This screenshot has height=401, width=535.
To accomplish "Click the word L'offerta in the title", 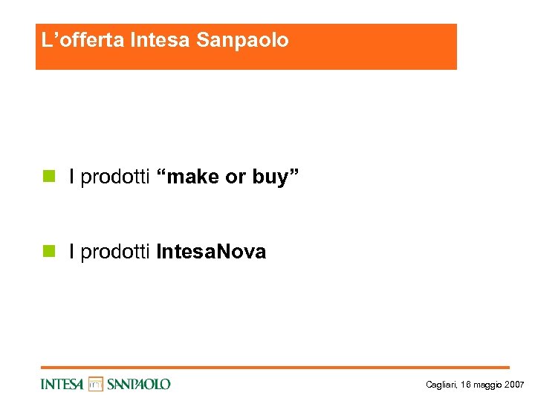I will pos(82,40).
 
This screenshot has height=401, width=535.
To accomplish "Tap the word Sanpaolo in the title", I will pos(242,40).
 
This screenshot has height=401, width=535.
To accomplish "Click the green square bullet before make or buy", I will pos(48,177).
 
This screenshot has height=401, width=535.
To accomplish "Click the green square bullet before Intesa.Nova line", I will pos(48,252).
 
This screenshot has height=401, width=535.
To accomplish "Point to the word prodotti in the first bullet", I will pos(115,177).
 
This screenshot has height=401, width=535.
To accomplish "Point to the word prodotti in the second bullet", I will pos(115,252).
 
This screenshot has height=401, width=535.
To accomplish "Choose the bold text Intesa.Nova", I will pos(211,252).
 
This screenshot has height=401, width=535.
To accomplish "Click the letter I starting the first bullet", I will pos(71,177).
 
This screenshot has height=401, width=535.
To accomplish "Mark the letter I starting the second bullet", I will pos(71,252).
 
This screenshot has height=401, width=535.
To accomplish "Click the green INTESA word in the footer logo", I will pos(62,384).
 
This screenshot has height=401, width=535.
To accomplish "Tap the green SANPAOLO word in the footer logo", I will pos(139,384).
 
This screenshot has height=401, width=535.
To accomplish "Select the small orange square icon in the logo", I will pos(95,384).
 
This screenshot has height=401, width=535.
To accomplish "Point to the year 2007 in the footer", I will pos(514,385).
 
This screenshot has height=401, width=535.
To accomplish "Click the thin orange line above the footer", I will pos(275,367).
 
